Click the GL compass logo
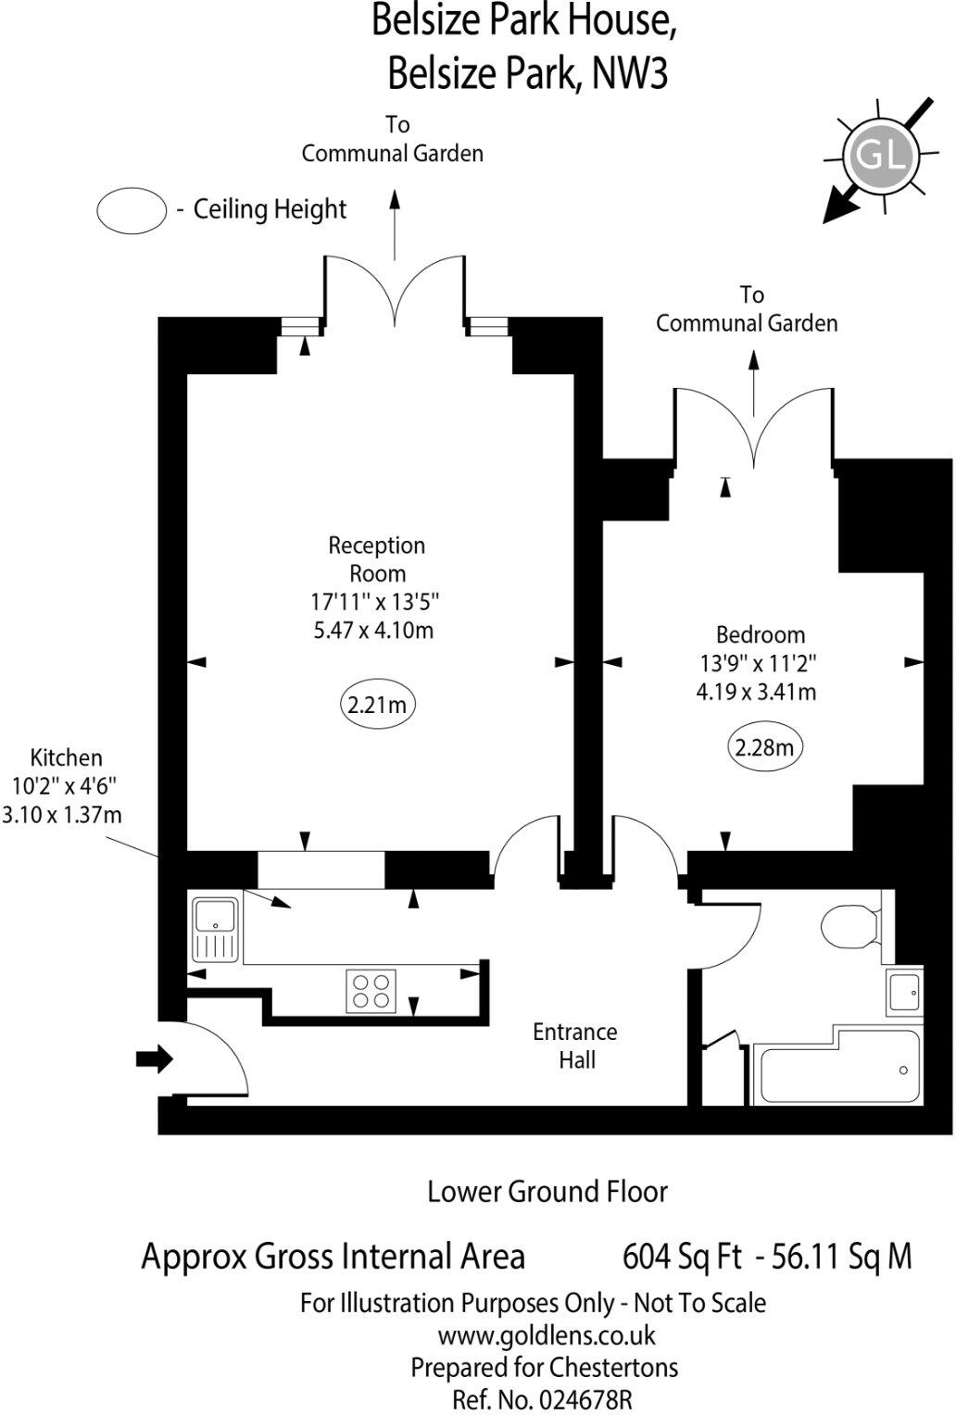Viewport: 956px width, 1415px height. (x=879, y=156)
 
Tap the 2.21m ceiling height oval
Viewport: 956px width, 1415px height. (x=377, y=705)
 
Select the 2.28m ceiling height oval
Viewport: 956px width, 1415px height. (x=764, y=746)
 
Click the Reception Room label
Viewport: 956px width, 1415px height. (x=377, y=559)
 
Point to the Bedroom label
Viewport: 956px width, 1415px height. (x=761, y=635)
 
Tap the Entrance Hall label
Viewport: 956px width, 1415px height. (x=575, y=1046)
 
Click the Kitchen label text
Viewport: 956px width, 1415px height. (x=66, y=758)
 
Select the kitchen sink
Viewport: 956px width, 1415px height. (x=216, y=928)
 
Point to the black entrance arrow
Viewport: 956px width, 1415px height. (x=155, y=1058)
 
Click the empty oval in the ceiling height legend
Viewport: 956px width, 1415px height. (x=131, y=209)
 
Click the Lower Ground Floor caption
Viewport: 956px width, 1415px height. (x=547, y=1192)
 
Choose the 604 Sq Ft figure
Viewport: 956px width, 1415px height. (x=682, y=1257)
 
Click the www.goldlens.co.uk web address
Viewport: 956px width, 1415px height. (x=547, y=1335)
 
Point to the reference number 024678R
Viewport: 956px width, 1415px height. (x=542, y=1398)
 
